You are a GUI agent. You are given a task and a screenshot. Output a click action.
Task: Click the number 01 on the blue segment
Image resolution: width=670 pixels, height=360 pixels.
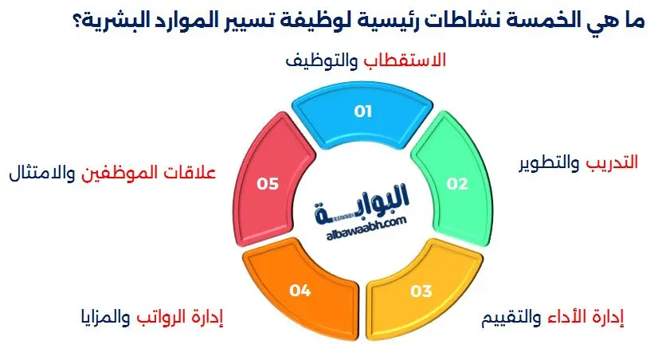point(363,112)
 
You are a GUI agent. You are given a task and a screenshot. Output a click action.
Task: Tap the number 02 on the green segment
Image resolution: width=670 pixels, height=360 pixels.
point(456,185)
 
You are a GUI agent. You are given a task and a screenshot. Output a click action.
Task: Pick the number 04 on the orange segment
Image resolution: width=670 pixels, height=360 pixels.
point(300,291)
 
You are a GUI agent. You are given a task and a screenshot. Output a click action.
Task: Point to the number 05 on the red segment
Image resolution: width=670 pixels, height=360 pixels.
point(268,185)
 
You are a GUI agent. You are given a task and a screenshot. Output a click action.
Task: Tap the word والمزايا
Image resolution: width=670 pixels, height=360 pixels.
point(104,319)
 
